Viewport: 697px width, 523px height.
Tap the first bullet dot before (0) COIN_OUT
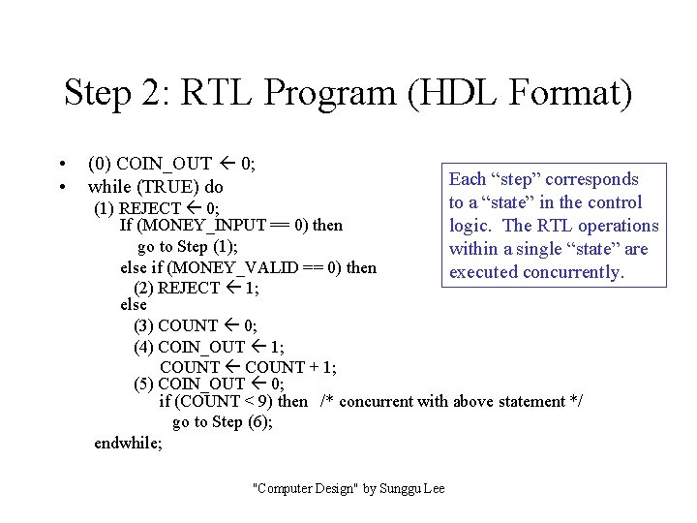(61, 163)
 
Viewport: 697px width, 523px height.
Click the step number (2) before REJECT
(143, 288)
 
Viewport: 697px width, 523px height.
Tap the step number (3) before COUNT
(143, 325)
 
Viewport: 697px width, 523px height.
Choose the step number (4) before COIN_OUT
(143, 346)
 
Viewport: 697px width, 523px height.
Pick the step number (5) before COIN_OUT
(143, 384)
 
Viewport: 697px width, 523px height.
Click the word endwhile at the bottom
(129, 443)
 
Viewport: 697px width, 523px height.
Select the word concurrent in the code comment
(377, 402)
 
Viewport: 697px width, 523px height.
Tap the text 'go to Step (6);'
(223, 422)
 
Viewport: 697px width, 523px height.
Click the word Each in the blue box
(468, 179)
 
